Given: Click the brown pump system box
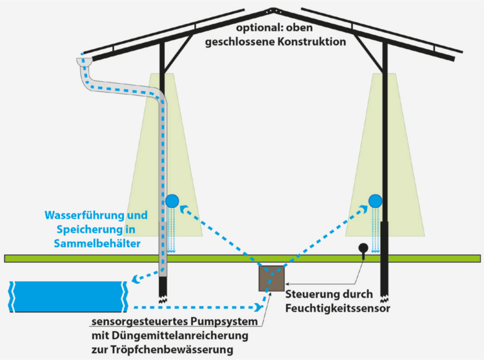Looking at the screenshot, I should click(272, 278).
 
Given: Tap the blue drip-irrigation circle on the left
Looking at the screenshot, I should click(172, 200).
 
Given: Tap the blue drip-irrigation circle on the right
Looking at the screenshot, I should click(376, 200).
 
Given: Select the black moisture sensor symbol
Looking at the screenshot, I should click(363, 248).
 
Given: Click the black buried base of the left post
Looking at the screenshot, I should click(163, 287).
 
